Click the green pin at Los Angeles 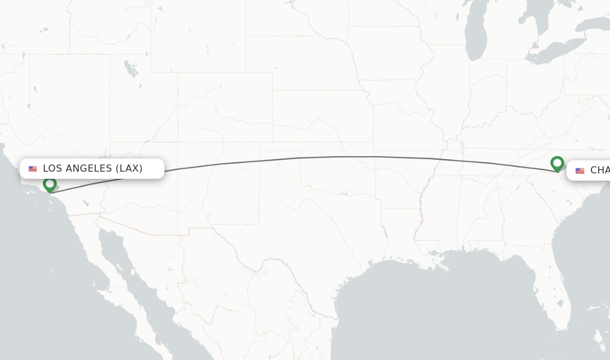point(49,184)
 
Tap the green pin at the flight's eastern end point(557,163)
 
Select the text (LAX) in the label point(129,169)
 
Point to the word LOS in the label point(52,169)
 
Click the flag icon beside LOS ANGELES point(33,169)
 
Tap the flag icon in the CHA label point(580,170)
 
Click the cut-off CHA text point(599,170)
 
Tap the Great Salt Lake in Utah point(130,69)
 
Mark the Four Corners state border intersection point(178,142)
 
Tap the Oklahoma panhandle point(280,147)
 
